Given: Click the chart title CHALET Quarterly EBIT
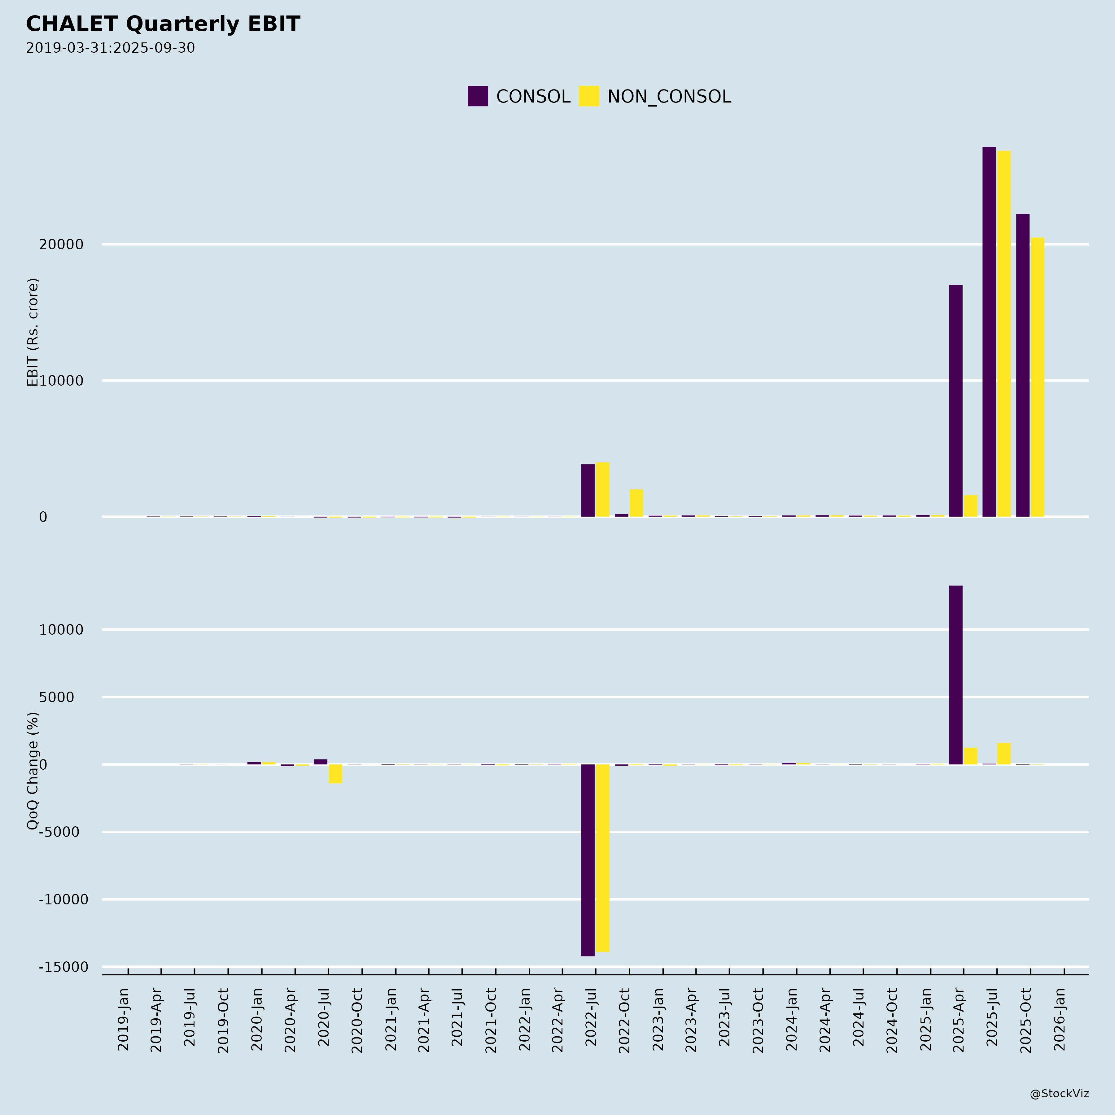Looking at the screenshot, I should (163, 24).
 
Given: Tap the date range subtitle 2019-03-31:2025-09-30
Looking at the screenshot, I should (110, 48).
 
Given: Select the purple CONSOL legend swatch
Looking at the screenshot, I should (477, 96).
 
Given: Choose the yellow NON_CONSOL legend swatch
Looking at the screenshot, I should (589, 96).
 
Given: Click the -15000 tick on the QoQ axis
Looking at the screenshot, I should (63, 967).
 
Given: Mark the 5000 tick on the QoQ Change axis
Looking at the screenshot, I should (57, 697).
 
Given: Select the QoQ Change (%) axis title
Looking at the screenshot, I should (33, 771).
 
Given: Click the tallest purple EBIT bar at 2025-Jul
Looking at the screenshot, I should (989, 332).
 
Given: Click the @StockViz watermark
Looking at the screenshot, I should (1059, 1094).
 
